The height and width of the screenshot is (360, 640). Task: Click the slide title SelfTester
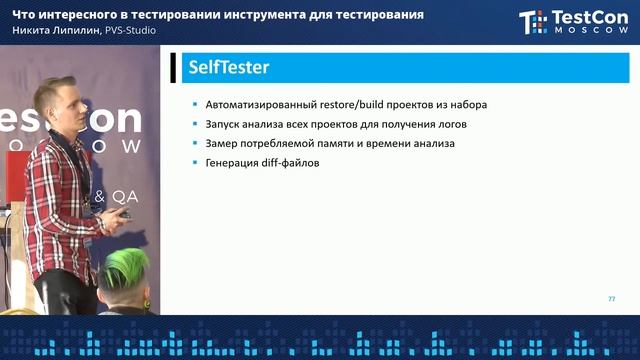[228, 69]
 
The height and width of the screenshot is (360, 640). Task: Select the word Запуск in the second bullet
[224, 124]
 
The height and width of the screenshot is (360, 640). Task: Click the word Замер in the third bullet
[223, 143]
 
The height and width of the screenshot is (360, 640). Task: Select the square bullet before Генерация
[196, 163]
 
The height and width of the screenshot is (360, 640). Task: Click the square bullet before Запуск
[196, 125]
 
